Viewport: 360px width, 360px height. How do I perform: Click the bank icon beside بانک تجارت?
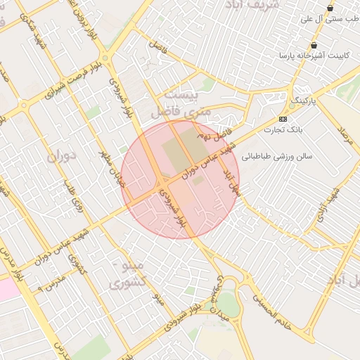[283, 119]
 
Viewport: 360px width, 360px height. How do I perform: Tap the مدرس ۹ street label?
[50, 282]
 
